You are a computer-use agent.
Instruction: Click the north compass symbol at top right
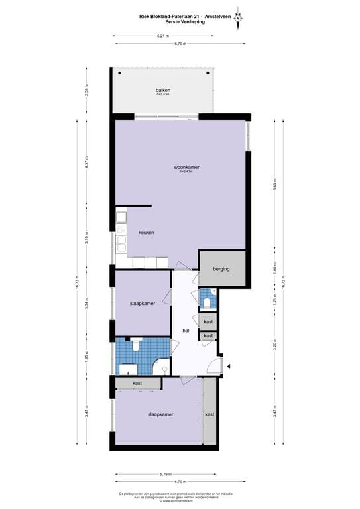pos(238,18)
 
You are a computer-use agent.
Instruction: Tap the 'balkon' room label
pos(163,90)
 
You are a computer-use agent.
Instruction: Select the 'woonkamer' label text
pos(186,167)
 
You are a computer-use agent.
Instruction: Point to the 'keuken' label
pos(147,233)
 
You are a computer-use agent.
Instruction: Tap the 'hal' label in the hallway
pos(186,331)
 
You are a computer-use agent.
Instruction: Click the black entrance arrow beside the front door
pos(228,366)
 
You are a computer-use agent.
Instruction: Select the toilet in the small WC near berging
pos(208,303)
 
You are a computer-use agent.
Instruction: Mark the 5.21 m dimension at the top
pos(162,36)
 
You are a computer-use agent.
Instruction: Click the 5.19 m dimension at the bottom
pos(166,474)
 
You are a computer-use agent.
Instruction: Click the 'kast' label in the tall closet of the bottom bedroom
pos(210,414)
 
